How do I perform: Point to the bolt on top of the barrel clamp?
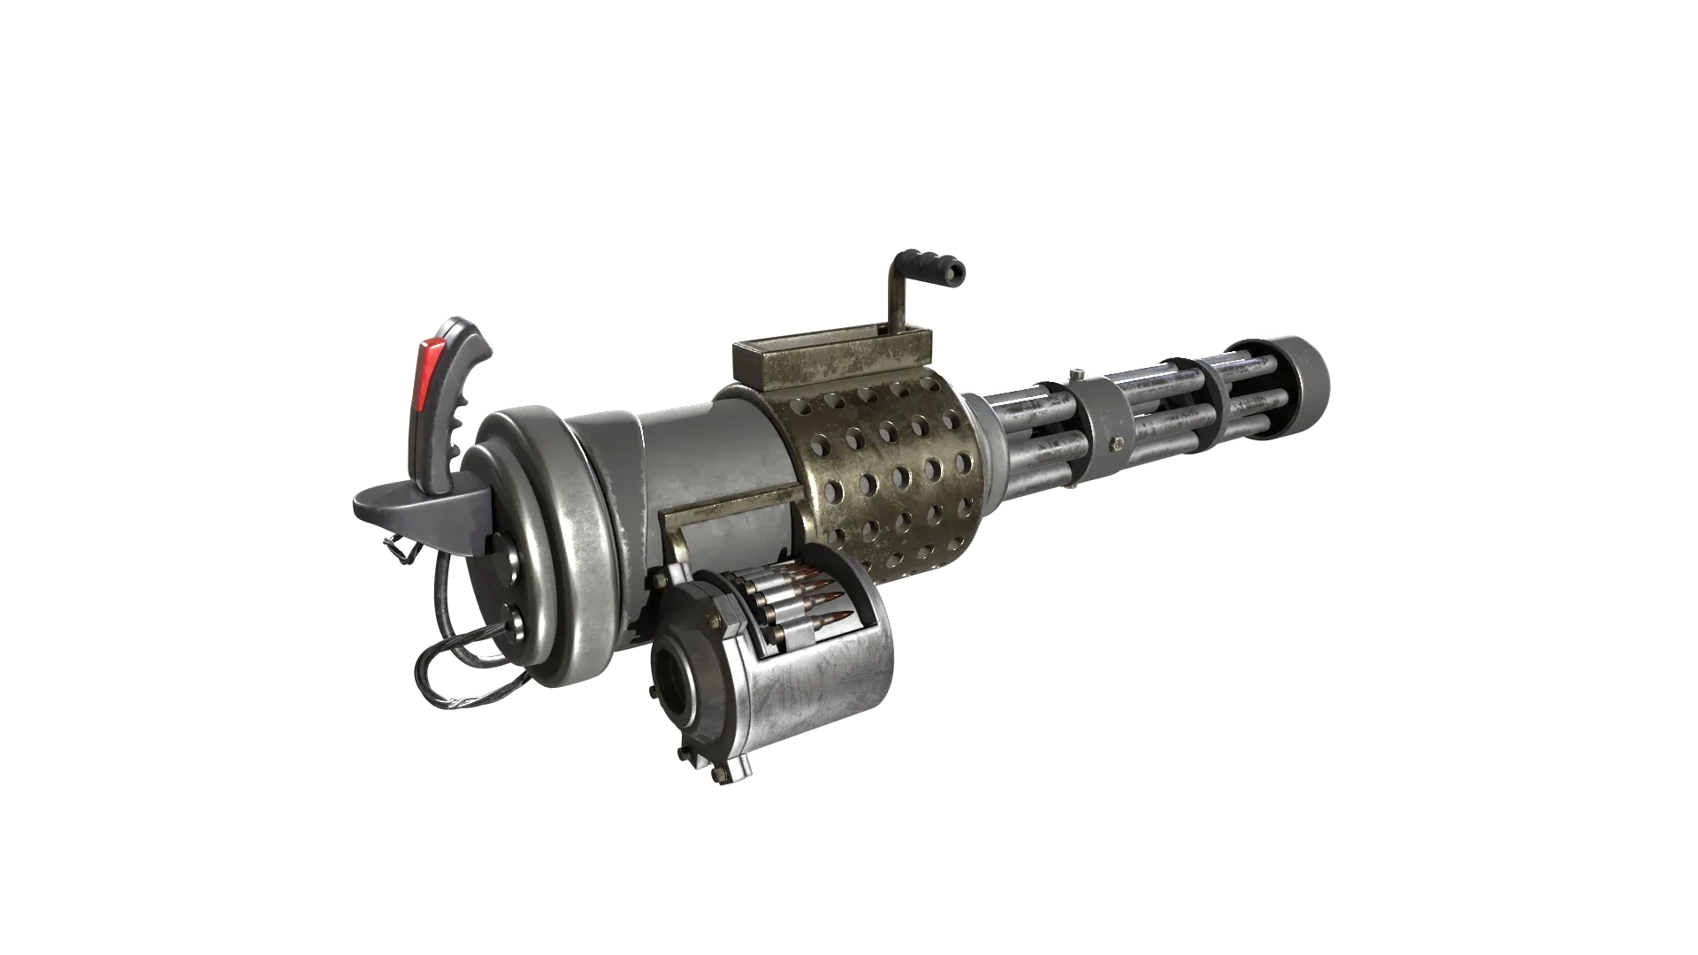[x=1075, y=375]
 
